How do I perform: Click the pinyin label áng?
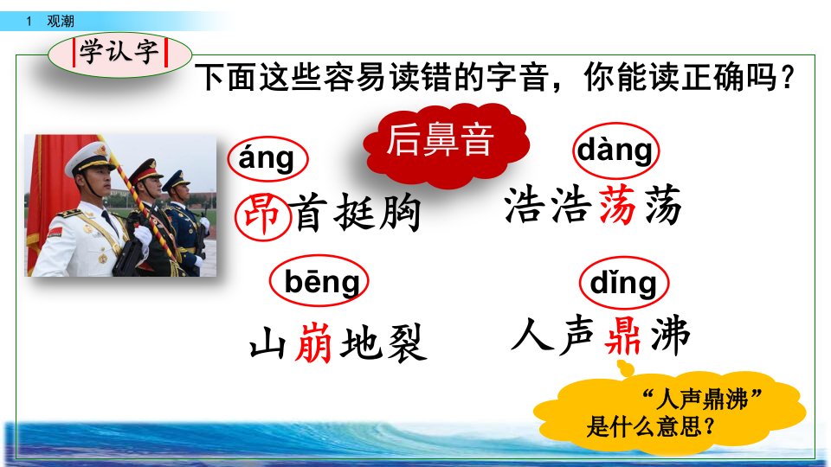tap(267, 158)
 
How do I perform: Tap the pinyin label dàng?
tap(615, 150)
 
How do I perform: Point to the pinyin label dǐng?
tap(624, 283)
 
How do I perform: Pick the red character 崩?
tap(313, 342)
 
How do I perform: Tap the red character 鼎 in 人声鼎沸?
tap(623, 335)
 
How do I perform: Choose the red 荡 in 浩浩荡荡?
tap(617, 204)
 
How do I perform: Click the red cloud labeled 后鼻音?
tap(446, 144)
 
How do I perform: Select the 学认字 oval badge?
tap(119, 54)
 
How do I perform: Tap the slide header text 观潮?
tap(60, 21)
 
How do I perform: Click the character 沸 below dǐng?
tap(670, 335)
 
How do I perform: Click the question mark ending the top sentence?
tap(788, 77)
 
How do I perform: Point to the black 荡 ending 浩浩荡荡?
tap(663, 204)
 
